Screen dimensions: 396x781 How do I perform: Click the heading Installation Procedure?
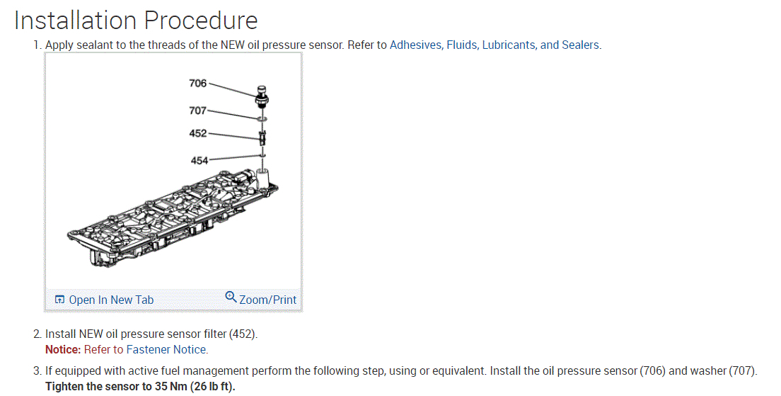(136, 20)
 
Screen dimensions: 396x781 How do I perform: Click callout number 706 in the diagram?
(197, 84)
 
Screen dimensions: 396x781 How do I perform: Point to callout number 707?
(197, 111)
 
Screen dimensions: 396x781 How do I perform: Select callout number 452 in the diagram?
(197, 133)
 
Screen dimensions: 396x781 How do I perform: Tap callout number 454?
(199, 160)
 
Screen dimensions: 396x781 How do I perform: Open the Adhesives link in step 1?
(416, 45)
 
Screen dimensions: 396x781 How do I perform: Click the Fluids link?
(462, 45)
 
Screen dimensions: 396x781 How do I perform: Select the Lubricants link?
(508, 45)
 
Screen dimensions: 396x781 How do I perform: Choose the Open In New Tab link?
(110, 300)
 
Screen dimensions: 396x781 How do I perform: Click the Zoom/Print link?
(268, 300)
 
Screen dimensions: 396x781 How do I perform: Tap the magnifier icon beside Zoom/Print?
(231, 297)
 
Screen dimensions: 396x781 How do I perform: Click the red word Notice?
(63, 349)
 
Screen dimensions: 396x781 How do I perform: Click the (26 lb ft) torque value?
(213, 387)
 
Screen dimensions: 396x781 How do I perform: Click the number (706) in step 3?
(653, 370)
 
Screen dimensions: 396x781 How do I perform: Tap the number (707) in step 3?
(743, 370)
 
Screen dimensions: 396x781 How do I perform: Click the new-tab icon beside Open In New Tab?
(59, 300)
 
